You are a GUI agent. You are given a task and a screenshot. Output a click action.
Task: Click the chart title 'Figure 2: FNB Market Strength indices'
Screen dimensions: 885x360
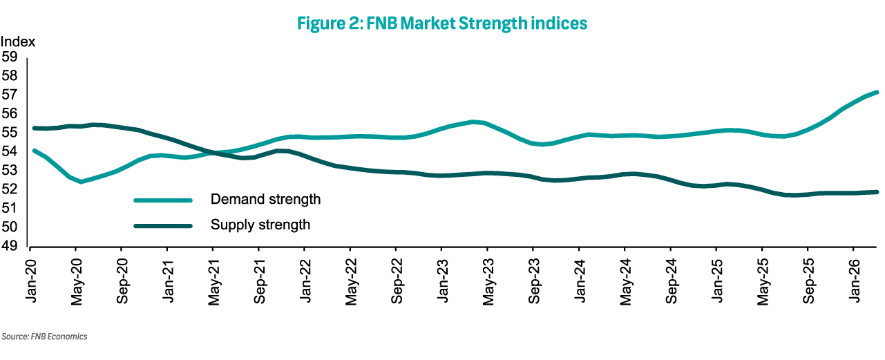click(x=442, y=23)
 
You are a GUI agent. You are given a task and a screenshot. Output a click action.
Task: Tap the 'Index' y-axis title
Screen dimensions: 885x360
click(x=18, y=41)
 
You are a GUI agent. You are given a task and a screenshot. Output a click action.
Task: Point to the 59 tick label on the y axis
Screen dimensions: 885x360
click(x=10, y=57)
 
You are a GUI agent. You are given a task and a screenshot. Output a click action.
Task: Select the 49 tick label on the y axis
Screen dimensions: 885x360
click(x=10, y=246)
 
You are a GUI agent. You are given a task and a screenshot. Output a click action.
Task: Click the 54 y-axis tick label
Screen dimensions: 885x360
click(x=10, y=151)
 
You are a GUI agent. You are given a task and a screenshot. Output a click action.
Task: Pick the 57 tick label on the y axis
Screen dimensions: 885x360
click(x=10, y=95)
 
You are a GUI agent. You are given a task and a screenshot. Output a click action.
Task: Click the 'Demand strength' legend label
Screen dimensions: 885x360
click(x=265, y=200)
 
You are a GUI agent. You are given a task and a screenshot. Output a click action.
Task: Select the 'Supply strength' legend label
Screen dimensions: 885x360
click(x=260, y=225)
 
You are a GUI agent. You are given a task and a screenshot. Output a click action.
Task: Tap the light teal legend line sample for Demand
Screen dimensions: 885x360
click(x=163, y=200)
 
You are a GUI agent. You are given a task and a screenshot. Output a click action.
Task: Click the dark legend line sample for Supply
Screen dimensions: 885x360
click(x=163, y=226)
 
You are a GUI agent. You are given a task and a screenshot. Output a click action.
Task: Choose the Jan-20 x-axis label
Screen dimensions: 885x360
click(x=31, y=281)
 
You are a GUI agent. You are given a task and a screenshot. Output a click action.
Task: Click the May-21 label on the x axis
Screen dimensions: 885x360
click(x=213, y=282)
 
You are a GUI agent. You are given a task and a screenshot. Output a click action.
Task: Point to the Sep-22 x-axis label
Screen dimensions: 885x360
click(x=397, y=281)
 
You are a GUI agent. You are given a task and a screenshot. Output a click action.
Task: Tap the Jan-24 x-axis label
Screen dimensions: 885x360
click(x=580, y=281)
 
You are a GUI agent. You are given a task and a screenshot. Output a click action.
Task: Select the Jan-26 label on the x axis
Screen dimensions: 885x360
click(x=854, y=281)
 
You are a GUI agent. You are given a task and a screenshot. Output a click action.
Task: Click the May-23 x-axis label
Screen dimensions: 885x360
click(x=488, y=282)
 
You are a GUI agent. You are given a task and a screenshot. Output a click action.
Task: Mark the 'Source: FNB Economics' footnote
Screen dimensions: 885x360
click(x=44, y=337)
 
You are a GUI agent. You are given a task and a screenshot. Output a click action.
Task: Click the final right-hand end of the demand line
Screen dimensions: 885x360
click(x=877, y=93)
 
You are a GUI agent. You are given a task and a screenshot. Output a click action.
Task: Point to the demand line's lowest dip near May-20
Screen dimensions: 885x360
click(x=81, y=182)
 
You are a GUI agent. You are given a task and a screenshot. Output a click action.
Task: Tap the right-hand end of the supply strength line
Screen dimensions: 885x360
click(x=877, y=192)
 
